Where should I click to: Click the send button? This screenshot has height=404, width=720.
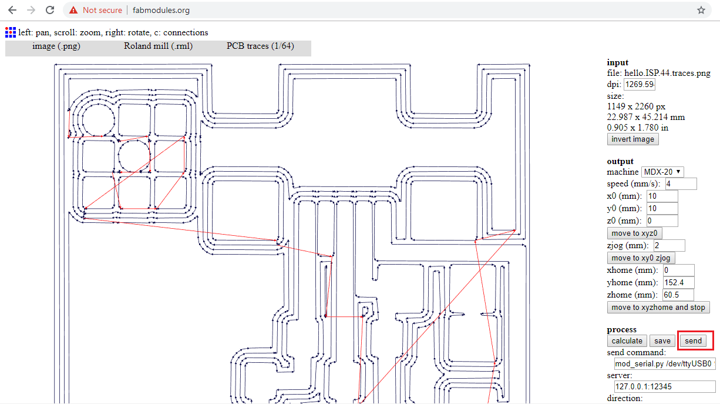pos(693,341)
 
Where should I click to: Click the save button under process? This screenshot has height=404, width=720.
pos(662,341)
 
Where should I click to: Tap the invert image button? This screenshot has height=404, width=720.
pos(632,139)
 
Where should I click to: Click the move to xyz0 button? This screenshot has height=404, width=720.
pos(634,233)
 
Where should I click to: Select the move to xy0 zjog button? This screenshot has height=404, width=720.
pos(641,258)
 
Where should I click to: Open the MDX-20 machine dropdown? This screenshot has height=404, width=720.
pos(662,172)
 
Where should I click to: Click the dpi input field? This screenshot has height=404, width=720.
pos(639,85)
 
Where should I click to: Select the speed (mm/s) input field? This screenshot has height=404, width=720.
pos(681,184)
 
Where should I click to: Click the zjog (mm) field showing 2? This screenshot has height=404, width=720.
pos(669,246)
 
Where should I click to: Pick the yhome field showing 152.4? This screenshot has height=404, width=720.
pos(678,283)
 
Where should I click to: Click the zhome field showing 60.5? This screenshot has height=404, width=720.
pos(678,295)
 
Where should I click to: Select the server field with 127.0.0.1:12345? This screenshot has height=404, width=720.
pos(665,387)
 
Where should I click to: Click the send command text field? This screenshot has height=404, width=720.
pos(665,365)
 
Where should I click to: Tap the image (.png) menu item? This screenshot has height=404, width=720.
pos(56,46)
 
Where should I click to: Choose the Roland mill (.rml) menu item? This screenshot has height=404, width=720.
pos(158,46)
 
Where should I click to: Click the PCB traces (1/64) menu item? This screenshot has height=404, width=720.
pos(260,46)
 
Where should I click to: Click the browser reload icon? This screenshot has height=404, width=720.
pos(51,10)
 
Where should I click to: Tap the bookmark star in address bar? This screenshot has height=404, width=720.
pos(701,10)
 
